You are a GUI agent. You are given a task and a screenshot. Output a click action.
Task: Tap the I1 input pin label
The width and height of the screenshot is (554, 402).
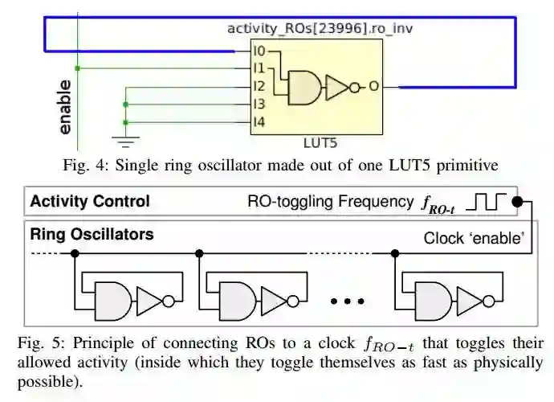(x=259, y=68)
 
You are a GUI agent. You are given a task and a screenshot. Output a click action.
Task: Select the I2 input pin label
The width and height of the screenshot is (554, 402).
(x=259, y=86)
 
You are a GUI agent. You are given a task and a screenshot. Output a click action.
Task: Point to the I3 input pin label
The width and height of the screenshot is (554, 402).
(x=259, y=104)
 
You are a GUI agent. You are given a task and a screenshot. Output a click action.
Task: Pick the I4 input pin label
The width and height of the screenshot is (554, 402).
(x=259, y=121)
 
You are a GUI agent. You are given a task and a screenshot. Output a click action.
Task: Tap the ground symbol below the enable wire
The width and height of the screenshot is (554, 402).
(x=125, y=142)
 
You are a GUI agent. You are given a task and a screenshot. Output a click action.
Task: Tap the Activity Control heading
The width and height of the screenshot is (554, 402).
(x=90, y=202)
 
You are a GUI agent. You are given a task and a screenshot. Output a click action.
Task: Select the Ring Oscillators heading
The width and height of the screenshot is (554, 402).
(x=92, y=235)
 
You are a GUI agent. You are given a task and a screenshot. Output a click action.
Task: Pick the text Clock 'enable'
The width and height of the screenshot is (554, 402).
(x=474, y=238)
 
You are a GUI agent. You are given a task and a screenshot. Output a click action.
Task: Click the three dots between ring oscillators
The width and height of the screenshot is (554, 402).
(x=348, y=301)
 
